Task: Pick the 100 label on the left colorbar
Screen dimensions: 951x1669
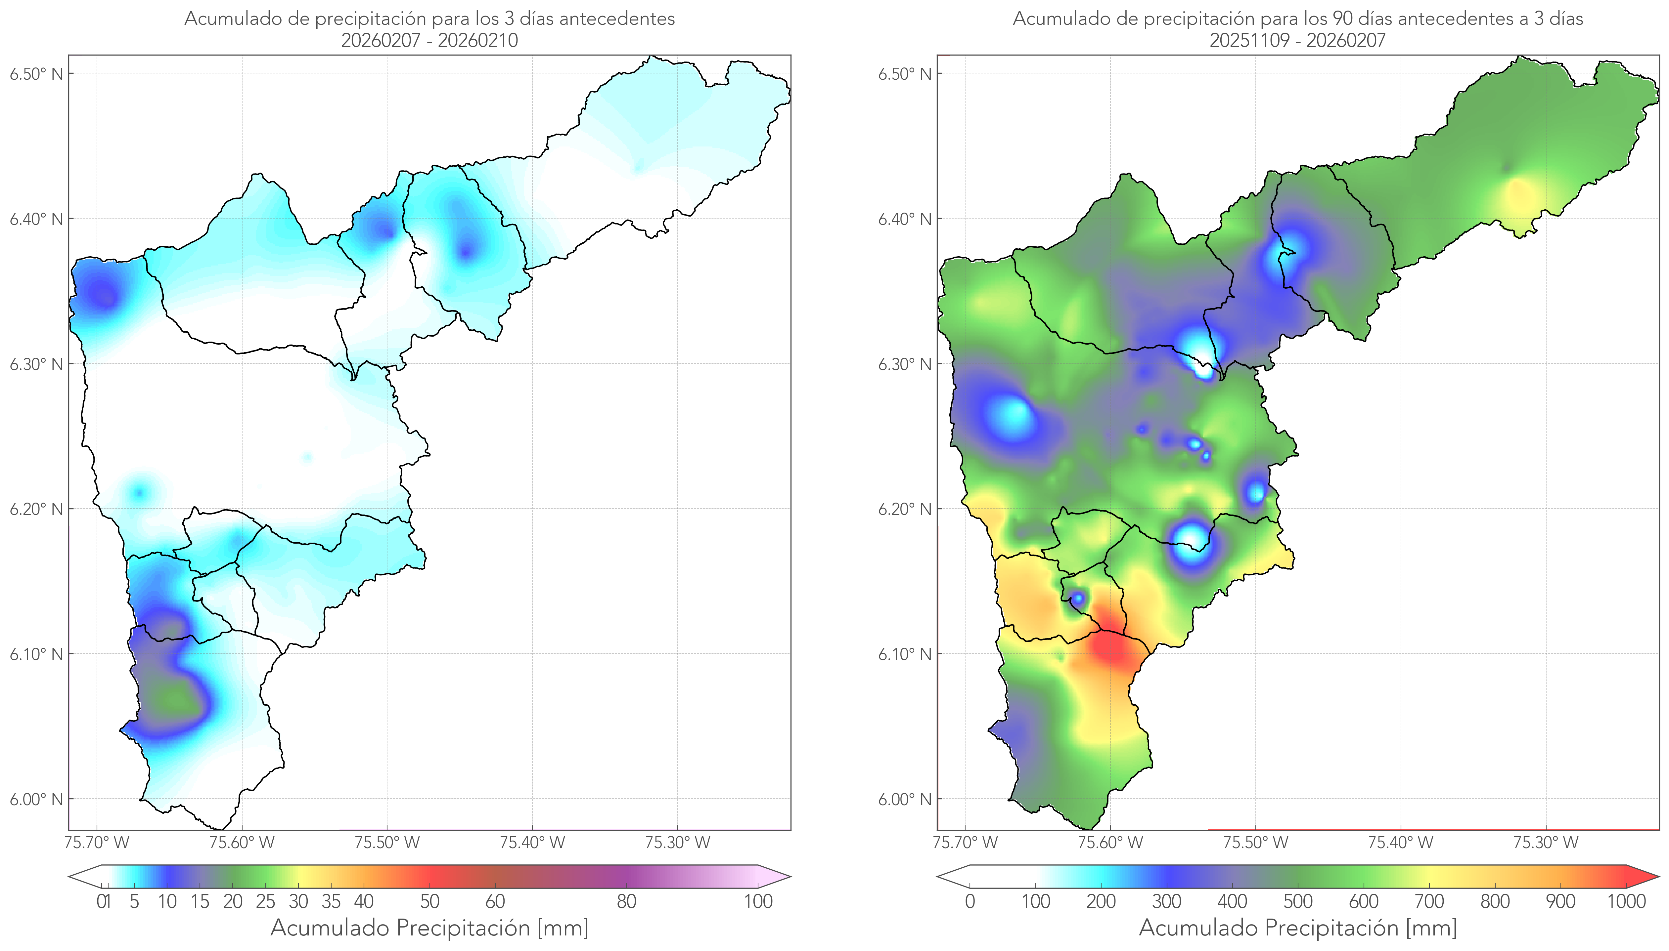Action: (x=758, y=901)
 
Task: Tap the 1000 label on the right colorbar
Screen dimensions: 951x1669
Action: (x=1626, y=901)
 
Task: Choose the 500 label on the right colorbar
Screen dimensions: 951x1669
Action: (x=1298, y=901)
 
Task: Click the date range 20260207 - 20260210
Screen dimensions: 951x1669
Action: (x=429, y=40)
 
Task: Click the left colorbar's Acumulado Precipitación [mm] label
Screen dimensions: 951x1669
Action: (x=429, y=928)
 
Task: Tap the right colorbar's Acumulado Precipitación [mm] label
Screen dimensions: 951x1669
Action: (x=1298, y=928)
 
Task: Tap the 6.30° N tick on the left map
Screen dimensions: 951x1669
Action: (x=37, y=364)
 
